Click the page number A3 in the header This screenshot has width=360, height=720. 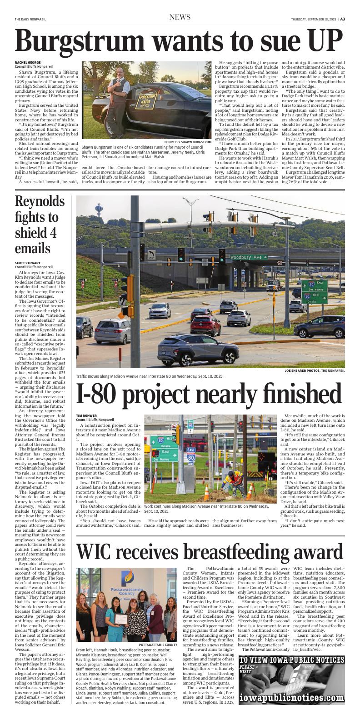(x=343, y=19)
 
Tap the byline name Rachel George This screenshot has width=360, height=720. (x=28, y=63)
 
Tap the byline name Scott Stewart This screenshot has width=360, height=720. (x=28, y=263)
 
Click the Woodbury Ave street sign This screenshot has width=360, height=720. (x=246, y=257)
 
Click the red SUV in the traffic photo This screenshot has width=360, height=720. (x=205, y=325)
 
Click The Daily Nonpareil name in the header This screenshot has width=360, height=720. (x=31, y=19)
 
